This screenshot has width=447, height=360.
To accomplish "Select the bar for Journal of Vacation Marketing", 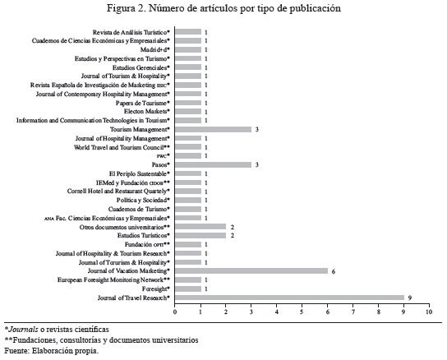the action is point(251,270).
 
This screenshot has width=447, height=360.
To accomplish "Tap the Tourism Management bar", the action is point(213,129).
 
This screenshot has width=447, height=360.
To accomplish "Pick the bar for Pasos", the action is point(213,164).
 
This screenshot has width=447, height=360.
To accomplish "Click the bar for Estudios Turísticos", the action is point(200,235).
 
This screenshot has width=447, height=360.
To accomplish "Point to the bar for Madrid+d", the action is point(188,49).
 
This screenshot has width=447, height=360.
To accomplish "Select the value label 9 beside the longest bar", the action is point(410,298).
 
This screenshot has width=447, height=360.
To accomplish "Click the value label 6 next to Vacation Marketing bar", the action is point(334,271).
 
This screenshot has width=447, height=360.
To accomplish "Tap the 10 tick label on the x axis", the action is point(429,312).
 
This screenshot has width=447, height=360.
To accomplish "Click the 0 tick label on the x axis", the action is point(175,312).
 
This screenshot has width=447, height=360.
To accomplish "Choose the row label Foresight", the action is point(155,288).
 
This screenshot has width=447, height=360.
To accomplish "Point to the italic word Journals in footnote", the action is point(23,330).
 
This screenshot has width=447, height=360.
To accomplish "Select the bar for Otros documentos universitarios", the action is point(200,227).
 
